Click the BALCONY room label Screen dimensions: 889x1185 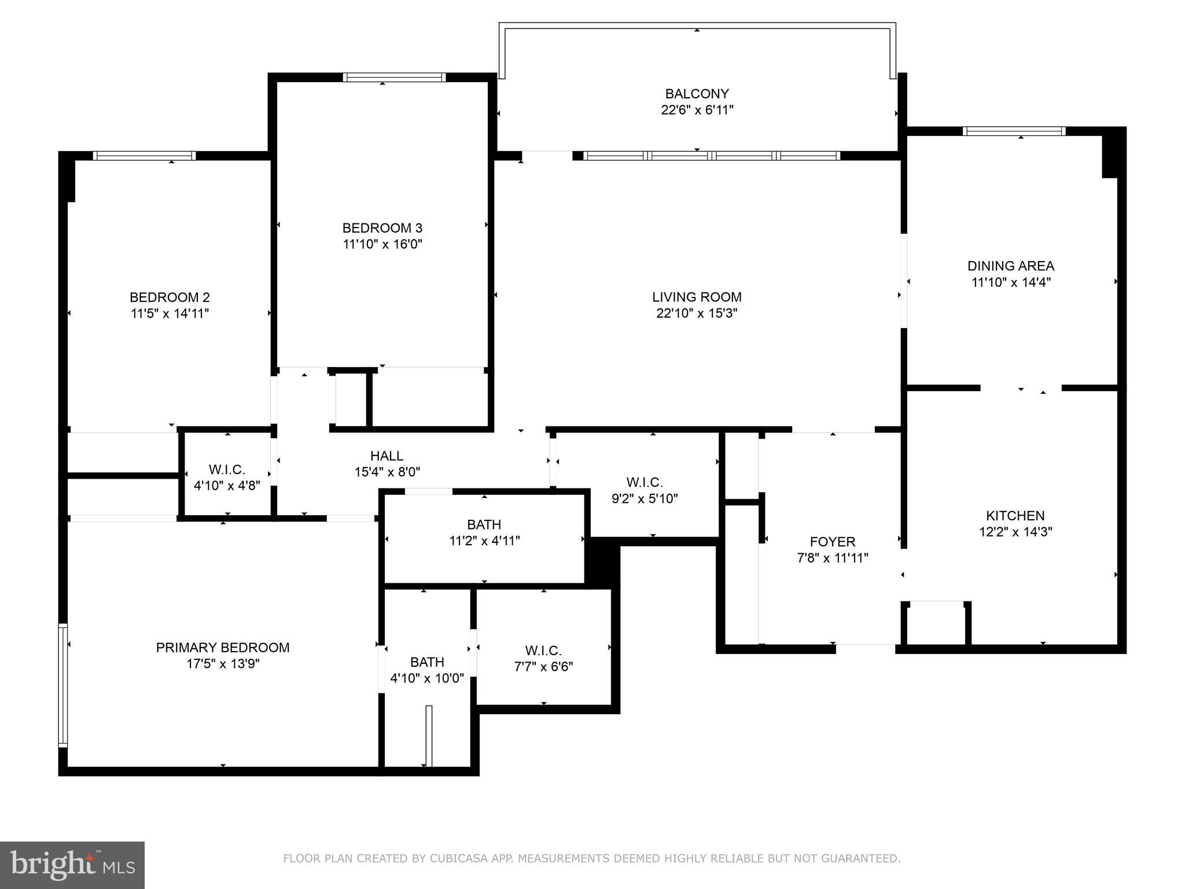pos(697,94)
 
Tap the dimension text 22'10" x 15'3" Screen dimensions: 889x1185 pos(697,313)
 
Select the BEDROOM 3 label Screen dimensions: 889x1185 pos(382,228)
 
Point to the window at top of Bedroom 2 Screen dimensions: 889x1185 pos(144,155)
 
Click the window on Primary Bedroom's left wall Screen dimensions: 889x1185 pos(63,685)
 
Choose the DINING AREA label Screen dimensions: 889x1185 pos(1010,266)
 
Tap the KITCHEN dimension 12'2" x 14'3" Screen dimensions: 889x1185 pos(1015,532)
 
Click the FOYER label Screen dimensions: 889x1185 pos(832,542)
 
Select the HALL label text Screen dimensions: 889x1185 pos(387,456)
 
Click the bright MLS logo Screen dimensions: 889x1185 pos(72,865)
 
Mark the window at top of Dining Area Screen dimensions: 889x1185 pos(1014,131)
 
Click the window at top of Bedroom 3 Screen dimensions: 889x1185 pos(394,77)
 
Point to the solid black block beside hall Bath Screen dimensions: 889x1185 pos(602,561)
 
